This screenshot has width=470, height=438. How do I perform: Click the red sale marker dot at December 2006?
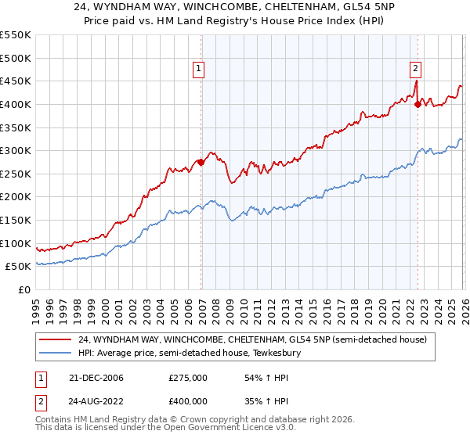[x=201, y=163]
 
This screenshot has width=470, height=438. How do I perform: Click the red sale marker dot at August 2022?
[x=418, y=105]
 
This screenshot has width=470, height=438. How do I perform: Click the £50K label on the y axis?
[x=19, y=267]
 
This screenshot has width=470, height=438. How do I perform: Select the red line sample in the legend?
[x=55, y=340]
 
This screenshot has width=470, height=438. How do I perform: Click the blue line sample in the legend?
[x=55, y=354]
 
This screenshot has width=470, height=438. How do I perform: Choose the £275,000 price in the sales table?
[x=188, y=378]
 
